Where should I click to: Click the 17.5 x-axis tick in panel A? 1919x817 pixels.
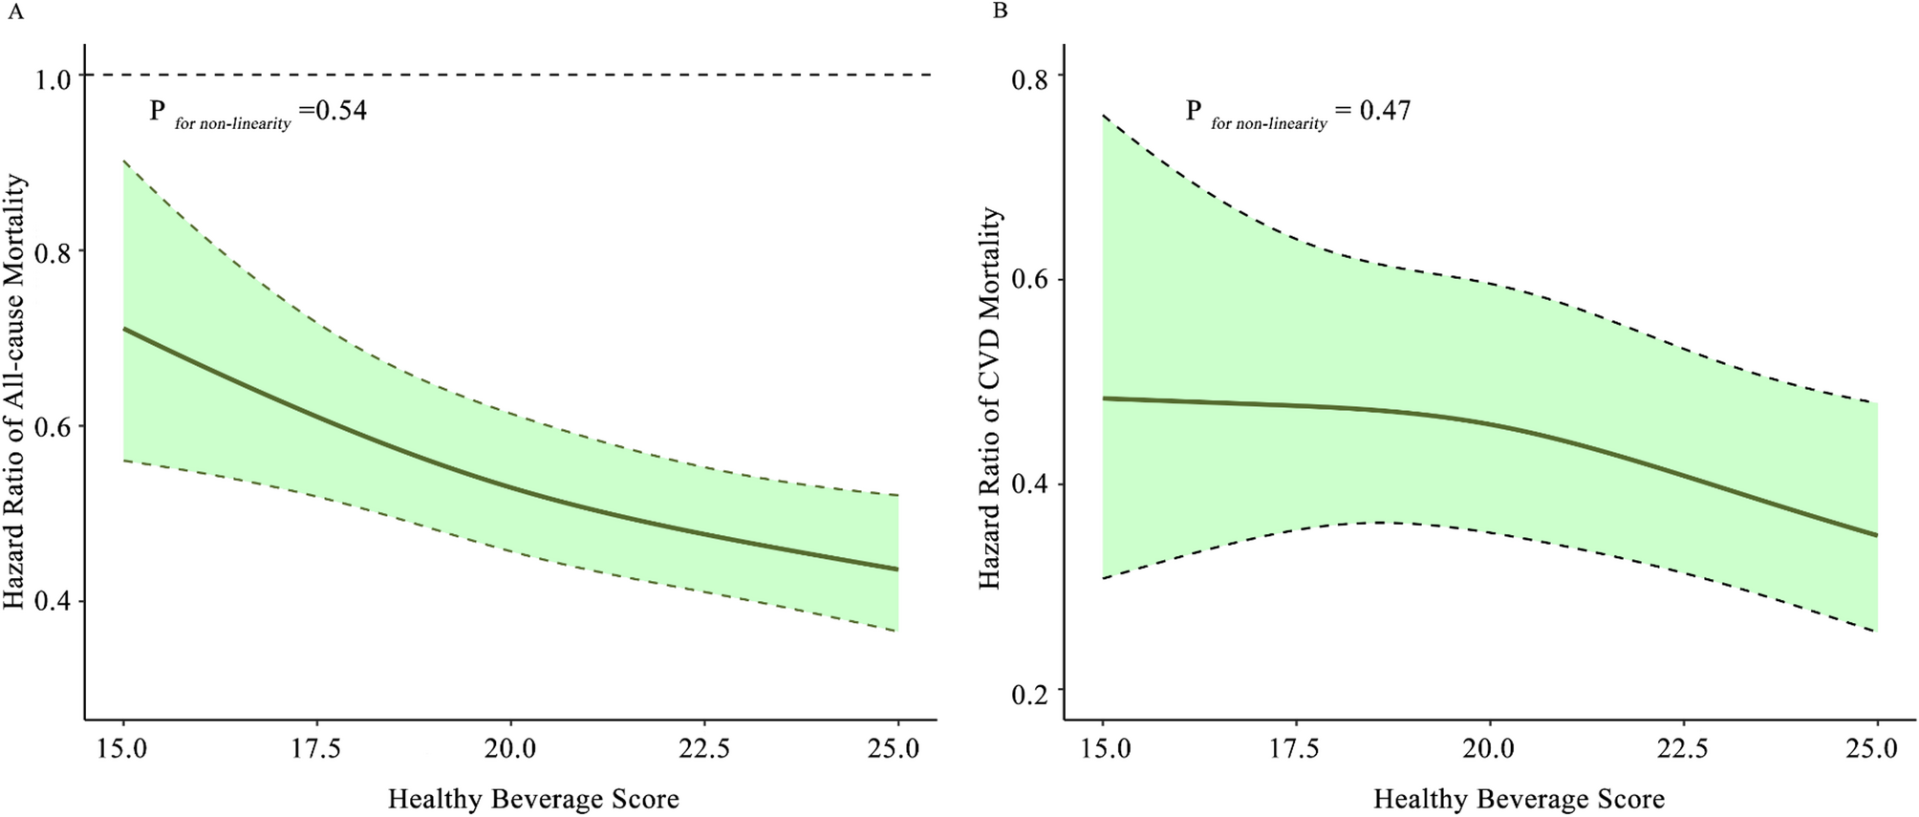(x=316, y=748)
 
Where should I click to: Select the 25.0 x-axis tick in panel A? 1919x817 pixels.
(x=897, y=748)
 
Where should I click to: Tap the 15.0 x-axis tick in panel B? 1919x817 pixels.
(x=1103, y=748)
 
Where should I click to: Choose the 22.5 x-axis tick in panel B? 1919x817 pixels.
(x=1684, y=748)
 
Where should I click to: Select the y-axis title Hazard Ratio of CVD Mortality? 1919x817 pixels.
(x=990, y=398)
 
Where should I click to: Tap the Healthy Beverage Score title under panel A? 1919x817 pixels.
(x=533, y=799)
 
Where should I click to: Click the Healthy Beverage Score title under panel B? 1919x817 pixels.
(x=1520, y=799)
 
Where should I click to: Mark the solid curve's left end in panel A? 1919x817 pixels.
(x=124, y=329)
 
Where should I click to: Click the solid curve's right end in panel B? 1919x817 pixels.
(x=1877, y=535)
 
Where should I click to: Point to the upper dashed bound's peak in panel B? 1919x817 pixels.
(x=1104, y=117)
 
